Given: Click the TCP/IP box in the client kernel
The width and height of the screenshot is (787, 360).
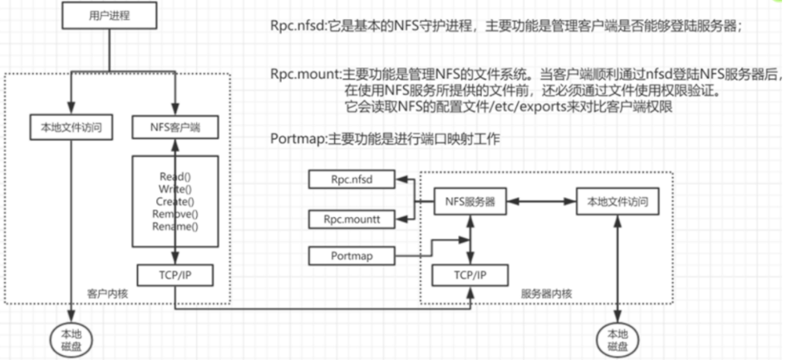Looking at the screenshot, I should (175, 274).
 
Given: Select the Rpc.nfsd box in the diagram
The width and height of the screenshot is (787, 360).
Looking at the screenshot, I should (351, 180).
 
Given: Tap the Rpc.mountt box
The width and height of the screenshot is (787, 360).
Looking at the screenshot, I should (351, 219).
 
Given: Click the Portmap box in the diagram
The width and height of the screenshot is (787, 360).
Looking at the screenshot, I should (351, 256).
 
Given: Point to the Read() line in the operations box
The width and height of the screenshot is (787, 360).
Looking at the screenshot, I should (175, 176).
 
